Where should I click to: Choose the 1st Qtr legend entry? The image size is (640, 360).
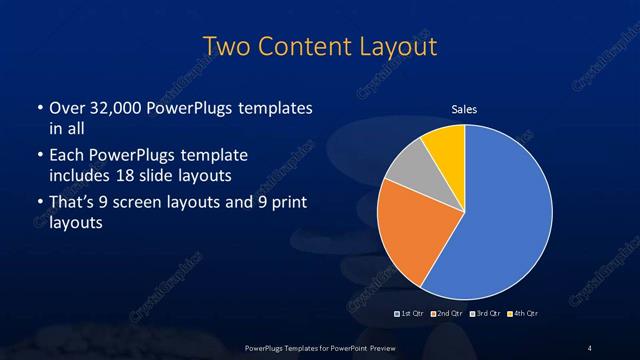click(x=409, y=314)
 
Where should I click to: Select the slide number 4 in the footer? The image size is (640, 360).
click(x=590, y=347)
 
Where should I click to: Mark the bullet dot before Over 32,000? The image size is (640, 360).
click(x=39, y=108)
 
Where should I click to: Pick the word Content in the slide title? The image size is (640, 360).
click(x=299, y=47)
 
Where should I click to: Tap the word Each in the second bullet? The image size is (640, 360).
click(x=66, y=156)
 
